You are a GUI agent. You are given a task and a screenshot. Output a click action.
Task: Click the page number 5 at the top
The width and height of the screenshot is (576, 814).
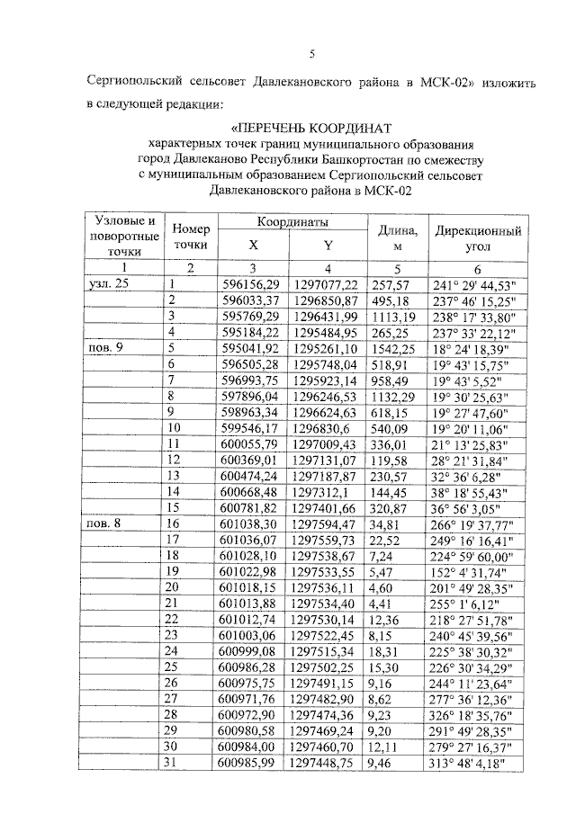(312, 54)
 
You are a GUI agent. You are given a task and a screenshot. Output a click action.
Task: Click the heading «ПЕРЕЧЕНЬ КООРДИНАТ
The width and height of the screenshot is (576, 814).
(311, 127)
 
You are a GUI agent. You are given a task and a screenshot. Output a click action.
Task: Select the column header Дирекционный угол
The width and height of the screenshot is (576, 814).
(478, 237)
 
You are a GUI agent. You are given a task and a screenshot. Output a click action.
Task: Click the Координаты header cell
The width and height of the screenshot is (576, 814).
(291, 221)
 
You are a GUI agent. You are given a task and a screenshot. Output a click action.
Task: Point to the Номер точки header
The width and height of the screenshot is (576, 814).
(190, 237)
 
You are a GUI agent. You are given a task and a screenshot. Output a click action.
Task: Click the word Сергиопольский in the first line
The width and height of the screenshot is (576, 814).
(130, 83)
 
